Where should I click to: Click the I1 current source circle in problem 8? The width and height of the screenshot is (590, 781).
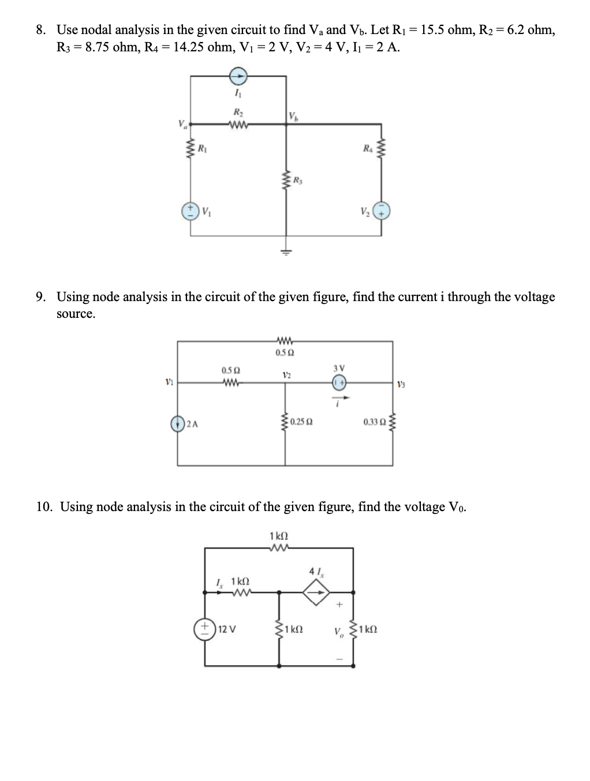click(238, 75)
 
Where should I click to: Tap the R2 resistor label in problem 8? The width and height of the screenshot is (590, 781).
click(237, 112)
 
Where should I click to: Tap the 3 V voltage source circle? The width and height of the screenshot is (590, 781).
click(339, 381)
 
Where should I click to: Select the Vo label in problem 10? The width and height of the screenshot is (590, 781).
click(338, 631)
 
